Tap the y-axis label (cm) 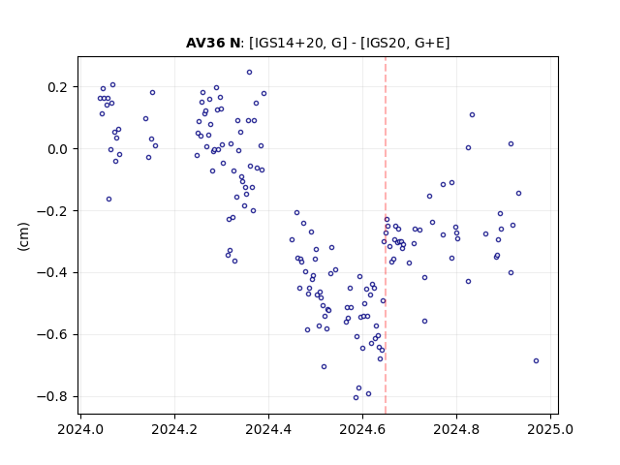23,236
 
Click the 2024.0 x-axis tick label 80,429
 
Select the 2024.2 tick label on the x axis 174,429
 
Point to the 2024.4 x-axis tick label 268,429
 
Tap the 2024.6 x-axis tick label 362,429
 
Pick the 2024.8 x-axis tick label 456,429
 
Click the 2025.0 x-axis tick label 550,429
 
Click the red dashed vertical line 386,235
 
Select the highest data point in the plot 250,73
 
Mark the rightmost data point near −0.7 536,361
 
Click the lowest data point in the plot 356,398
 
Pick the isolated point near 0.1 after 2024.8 472,115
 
